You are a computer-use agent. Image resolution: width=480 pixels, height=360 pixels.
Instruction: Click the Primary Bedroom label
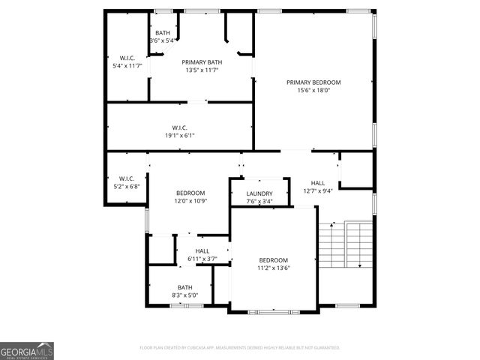pos(313,82)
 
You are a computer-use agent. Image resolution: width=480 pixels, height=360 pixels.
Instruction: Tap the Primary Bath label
pos(201,62)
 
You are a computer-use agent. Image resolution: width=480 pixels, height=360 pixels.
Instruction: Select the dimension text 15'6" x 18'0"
pos(313,90)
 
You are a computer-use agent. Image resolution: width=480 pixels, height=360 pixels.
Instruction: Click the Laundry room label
pos(259,193)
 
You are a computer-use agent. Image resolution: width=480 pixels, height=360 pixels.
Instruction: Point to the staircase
pos(345,245)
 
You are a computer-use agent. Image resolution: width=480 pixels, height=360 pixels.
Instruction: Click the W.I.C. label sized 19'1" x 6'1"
pos(179,127)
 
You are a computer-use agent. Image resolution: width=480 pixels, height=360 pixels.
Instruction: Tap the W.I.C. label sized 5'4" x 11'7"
pos(126,58)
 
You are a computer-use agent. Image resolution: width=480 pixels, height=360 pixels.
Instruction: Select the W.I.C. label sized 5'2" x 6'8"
pos(126,178)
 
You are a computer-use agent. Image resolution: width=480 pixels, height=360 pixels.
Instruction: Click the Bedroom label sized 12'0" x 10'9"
pos(190,193)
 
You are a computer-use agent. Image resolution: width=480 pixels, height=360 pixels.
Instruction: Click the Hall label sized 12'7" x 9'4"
pos(318,182)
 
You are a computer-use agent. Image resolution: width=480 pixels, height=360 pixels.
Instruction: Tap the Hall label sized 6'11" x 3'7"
pos(202,250)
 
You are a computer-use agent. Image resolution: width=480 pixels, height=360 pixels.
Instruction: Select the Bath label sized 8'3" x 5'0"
pos(184,287)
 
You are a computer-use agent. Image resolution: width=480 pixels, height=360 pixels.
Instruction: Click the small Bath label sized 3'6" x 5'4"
pos(162,33)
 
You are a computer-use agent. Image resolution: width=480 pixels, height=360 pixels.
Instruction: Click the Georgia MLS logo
pos(27,350)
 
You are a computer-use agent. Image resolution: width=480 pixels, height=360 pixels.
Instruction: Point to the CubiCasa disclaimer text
pos(240,348)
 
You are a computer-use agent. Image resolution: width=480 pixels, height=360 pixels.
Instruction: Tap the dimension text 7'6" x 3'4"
pos(259,202)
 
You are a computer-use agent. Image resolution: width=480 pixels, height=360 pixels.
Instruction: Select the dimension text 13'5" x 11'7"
pos(201,70)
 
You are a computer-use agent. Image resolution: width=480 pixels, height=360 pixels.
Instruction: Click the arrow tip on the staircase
pos(361,266)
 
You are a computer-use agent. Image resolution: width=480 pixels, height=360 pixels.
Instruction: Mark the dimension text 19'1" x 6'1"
pos(179,136)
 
